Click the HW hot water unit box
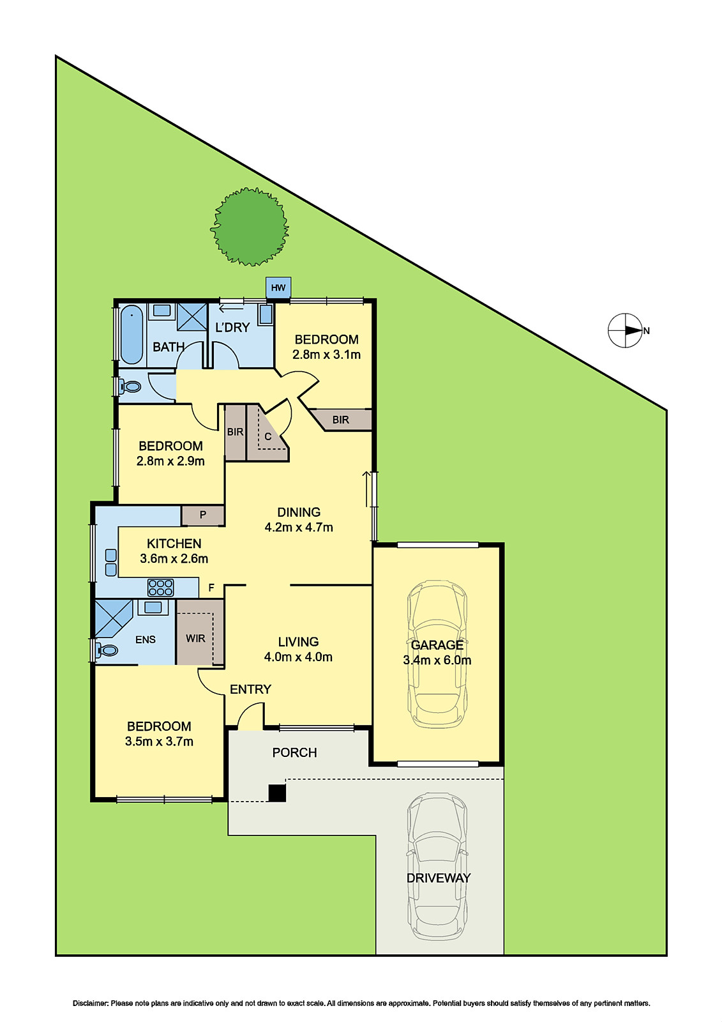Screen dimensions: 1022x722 [x=278, y=287]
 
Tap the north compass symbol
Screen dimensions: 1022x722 [x=626, y=331]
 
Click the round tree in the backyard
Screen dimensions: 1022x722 [x=249, y=227]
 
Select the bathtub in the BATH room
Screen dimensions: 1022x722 [x=132, y=334]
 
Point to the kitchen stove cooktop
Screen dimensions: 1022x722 [x=160, y=588]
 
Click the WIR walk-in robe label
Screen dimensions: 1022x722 [x=195, y=638]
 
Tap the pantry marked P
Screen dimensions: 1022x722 [x=203, y=515]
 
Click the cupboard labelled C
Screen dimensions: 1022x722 [x=267, y=437]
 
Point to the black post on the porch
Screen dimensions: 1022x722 [x=277, y=793]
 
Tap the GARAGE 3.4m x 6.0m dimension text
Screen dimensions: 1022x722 [x=437, y=660]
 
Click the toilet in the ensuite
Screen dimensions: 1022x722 [x=107, y=651]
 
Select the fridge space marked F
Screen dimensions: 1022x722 [x=211, y=588]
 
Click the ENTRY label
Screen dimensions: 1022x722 [x=250, y=689]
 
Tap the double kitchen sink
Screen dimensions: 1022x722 [x=110, y=562]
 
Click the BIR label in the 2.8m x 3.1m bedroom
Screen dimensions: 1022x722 [x=340, y=420]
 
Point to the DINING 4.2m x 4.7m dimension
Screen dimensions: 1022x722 [x=299, y=528]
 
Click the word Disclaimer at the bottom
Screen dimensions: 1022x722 [x=90, y=1003]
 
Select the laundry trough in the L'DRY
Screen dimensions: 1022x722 [x=266, y=314]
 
